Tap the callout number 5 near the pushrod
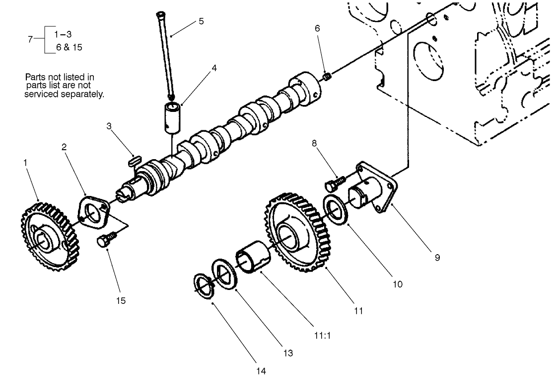[201, 21]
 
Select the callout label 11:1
[322, 335]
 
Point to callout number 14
[261, 371]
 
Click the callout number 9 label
[437, 258]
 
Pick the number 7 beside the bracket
[30, 39]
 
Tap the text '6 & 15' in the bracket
[69, 47]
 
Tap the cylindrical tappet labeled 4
[173, 117]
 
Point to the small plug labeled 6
[327, 77]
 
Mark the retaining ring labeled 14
[204, 286]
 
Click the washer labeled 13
[224, 272]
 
